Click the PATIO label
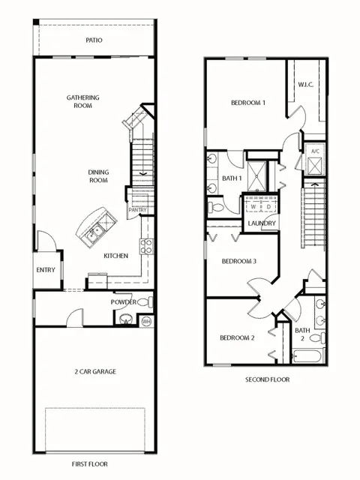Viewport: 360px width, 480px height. coord(94,40)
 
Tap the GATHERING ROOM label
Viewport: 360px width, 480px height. coord(83,102)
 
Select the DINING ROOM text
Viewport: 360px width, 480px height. coord(98,176)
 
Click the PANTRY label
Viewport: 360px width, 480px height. coord(137,210)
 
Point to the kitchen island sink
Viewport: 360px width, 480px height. coord(95,232)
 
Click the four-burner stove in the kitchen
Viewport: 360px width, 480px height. coord(146,246)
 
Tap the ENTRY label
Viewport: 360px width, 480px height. coord(46,270)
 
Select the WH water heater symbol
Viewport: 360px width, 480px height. coord(146,322)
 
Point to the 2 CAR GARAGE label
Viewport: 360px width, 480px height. coord(95,372)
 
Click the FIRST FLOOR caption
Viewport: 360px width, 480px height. coord(90,464)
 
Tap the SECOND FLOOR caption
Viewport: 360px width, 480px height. coord(267,379)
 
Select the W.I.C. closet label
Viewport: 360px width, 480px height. coord(306,85)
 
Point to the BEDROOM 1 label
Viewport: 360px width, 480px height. coord(248,103)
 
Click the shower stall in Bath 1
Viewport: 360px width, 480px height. coord(256,176)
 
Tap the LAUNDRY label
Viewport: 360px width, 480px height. coord(262,223)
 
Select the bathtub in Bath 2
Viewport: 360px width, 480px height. coord(307,356)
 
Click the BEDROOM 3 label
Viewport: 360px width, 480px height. coord(238,261)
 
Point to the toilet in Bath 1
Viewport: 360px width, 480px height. coord(215,208)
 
